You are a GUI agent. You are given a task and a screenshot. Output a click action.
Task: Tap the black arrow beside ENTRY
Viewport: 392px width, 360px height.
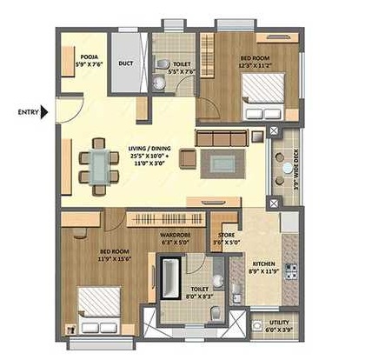[x=46, y=111]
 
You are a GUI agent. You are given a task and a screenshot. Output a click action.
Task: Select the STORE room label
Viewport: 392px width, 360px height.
[x=226, y=234]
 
